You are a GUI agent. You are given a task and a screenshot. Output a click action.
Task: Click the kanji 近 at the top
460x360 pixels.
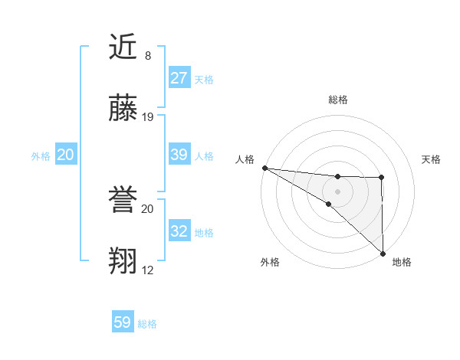coord(124,47)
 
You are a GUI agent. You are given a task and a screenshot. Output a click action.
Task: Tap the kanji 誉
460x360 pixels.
coord(124,201)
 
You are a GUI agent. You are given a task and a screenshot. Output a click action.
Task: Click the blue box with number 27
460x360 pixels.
coord(179,78)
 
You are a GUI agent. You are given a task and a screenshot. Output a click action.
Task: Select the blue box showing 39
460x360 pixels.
coord(179,155)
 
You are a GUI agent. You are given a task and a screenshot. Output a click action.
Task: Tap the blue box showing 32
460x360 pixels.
coord(179,231)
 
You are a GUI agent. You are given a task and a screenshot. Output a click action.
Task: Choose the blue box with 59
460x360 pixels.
coord(123,322)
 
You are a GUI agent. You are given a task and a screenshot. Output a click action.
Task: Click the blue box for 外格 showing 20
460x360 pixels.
coord(66,155)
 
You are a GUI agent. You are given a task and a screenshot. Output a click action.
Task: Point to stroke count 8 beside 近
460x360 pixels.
coord(148,56)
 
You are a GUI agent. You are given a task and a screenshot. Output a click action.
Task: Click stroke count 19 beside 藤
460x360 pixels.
coord(148,117)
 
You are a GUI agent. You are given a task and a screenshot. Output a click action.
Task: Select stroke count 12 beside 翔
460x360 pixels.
coord(148,270)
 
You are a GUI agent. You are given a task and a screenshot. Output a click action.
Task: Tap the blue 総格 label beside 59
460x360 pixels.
coord(147,324)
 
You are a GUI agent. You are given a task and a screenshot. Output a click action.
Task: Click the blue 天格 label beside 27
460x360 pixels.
coord(204,80)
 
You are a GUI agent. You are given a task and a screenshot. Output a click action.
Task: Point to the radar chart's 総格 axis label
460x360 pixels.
coord(338,100)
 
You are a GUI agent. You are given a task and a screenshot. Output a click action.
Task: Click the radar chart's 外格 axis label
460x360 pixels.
coord(270,262)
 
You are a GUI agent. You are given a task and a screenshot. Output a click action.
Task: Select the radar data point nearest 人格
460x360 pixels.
coord(264,168)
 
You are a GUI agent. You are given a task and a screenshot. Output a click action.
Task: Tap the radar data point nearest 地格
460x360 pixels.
coord(382,253)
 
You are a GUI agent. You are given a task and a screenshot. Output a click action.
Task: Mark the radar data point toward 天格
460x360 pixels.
coord(382,178)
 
